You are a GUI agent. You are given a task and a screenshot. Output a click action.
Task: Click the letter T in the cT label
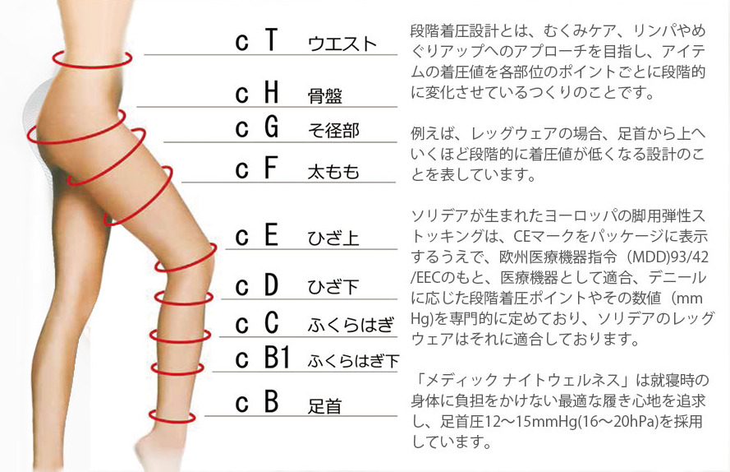coord(272,39)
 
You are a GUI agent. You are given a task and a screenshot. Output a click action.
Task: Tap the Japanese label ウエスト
coord(342,44)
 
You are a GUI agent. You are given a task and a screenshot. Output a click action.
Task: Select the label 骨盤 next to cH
coord(325,95)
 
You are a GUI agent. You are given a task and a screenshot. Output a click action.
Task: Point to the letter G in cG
coord(272,127)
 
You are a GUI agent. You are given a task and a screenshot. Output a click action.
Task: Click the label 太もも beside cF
coord(333,172)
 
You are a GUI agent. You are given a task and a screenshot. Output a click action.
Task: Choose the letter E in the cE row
coord(272,234)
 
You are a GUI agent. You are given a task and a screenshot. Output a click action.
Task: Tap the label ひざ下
coord(333,287)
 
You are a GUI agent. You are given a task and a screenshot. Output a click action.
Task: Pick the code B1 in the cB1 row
coord(277,358)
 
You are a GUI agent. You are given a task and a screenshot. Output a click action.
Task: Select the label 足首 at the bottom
coord(325,405)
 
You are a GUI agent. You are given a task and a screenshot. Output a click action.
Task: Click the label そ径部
coord(334,131)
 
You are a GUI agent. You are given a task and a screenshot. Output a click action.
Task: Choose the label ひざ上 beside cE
coord(333,238)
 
